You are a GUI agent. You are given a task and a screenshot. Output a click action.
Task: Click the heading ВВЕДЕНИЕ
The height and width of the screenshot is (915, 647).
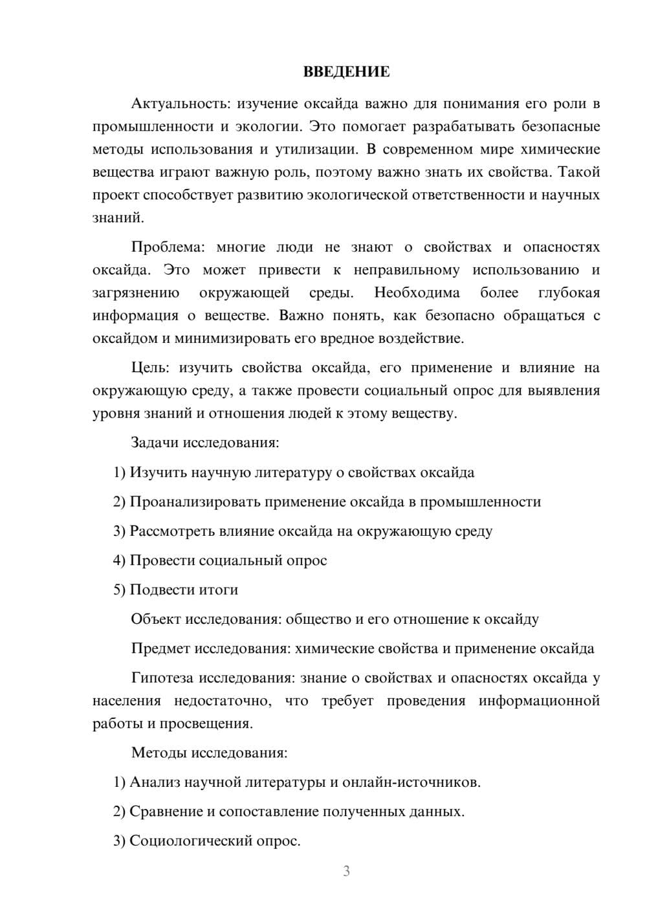(x=346, y=72)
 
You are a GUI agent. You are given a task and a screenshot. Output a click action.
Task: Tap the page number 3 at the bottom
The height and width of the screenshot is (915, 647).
(x=346, y=871)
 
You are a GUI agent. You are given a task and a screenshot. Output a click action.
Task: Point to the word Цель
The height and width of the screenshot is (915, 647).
(x=150, y=368)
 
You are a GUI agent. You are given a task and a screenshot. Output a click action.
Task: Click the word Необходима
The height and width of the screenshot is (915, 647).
(x=417, y=292)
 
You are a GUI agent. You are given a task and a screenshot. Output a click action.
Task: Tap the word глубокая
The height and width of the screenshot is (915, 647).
(x=569, y=292)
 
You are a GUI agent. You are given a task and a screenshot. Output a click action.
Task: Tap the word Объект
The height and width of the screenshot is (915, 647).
(x=156, y=619)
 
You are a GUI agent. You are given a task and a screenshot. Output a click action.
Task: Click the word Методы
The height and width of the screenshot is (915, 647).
(x=155, y=753)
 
